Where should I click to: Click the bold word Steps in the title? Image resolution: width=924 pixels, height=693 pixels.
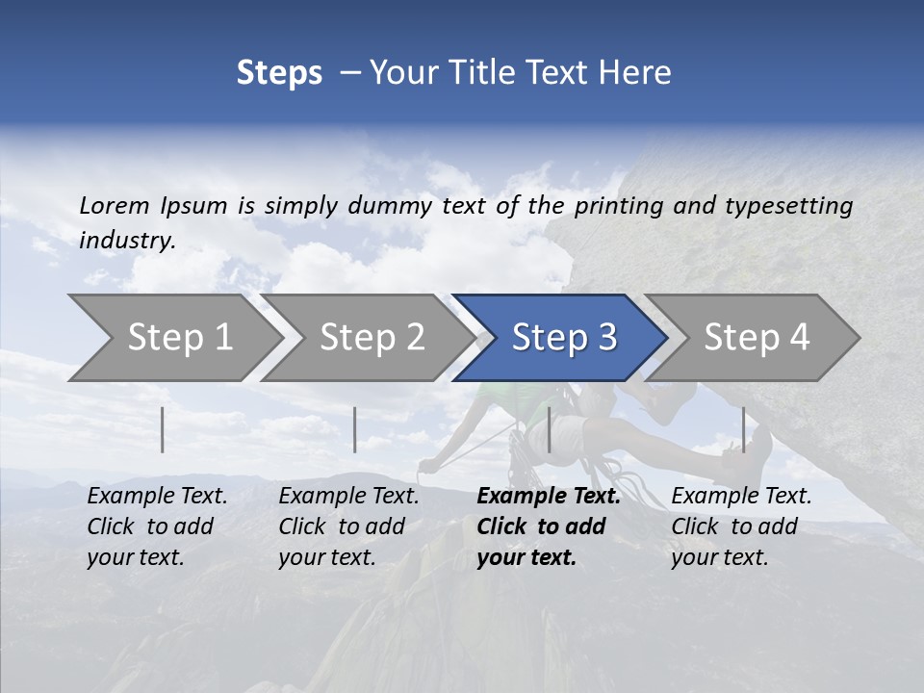[279, 72]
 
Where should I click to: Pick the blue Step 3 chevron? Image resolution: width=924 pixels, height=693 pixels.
[564, 337]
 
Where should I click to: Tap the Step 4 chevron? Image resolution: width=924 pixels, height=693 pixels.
[757, 337]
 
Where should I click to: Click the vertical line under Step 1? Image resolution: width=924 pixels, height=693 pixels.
[163, 429]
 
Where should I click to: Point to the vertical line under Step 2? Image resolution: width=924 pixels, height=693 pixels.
[355, 429]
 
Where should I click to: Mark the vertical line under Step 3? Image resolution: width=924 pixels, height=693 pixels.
[549, 429]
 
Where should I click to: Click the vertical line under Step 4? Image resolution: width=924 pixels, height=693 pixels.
[743, 429]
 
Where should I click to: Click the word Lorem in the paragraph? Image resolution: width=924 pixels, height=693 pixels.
[115, 205]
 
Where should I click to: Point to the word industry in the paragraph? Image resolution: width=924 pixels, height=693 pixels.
[127, 240]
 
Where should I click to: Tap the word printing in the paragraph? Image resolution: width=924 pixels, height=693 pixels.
[619, 205]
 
